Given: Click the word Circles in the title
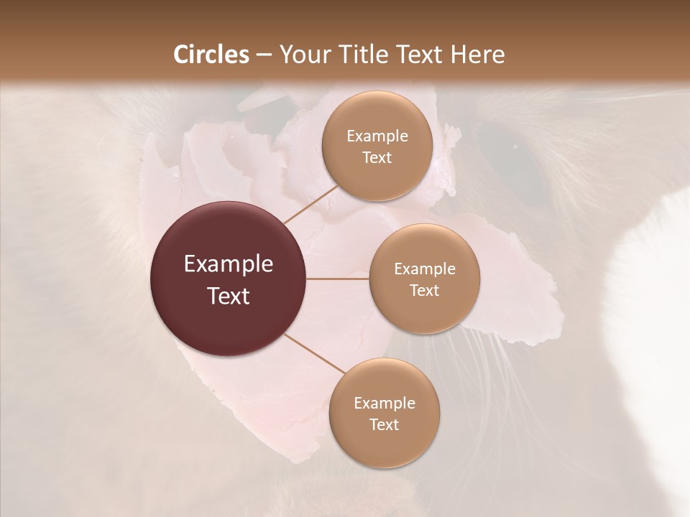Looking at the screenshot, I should (211, 55).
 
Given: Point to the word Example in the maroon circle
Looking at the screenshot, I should (229, 264).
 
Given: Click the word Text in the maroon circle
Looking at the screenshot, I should (229, 296).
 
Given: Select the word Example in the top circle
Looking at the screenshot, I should (377, 136).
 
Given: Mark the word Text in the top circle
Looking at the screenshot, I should (377, 158).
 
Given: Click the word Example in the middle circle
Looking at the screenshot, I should (424, 269).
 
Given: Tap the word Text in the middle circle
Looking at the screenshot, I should (424, 291).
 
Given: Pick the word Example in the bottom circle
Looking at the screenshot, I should (384, 404).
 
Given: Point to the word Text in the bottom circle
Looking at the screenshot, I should (384, 425).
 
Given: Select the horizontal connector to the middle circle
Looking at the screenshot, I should (338, 279).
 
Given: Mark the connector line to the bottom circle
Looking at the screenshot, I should (313, 355).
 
